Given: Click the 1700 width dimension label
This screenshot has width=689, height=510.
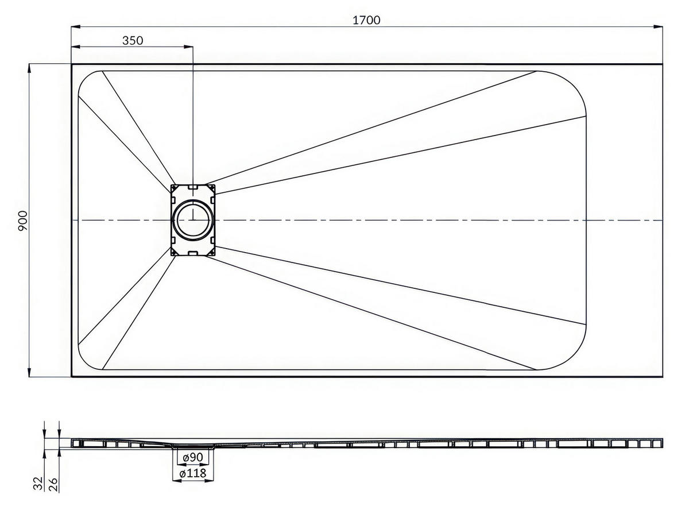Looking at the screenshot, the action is (x=366, y=20).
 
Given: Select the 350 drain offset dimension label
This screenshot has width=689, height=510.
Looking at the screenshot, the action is (x=133, y=40).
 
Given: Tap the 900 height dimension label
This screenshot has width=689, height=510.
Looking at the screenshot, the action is (x=23, y=221).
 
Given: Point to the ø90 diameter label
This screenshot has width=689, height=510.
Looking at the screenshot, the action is (x=193, y=457).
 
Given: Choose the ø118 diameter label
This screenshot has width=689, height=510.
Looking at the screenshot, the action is (x=193, y=473).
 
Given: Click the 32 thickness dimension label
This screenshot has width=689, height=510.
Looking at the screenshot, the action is (x=38, y=483).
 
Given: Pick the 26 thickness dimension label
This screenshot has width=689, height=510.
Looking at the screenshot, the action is (x=53, y=485).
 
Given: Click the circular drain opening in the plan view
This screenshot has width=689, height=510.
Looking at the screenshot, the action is (x=193, y=221).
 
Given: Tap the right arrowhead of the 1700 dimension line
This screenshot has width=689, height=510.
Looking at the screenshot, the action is (x=657, y=27).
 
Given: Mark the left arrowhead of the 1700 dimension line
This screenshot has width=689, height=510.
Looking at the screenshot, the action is (x=76, y=27).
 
